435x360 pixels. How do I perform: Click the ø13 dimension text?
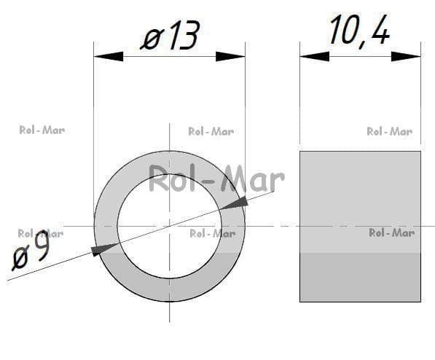point(170,35)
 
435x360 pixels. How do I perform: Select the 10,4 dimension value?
point(360,31)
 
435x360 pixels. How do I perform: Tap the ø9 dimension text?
point(31,250)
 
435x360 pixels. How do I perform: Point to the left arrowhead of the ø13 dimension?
point(109,57)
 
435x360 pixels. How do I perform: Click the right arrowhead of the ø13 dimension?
point(230,57)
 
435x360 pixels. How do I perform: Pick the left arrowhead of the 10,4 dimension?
point(315,57)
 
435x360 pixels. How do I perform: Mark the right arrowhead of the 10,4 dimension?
point(406,57)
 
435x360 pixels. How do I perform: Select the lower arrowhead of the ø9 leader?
point(105,249)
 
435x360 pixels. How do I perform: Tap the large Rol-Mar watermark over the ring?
point(216,178)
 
